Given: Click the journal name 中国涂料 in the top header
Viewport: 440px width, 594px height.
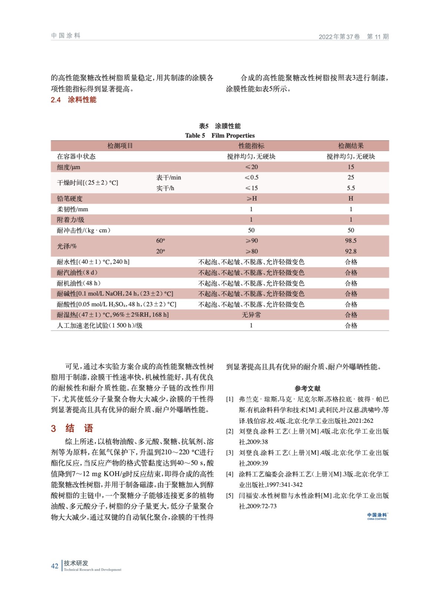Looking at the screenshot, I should tap(66, 36).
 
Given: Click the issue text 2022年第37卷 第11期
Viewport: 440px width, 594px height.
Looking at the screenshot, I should tap(353, 36).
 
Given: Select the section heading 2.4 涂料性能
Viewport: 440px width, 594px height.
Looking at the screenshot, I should tap(73, 99).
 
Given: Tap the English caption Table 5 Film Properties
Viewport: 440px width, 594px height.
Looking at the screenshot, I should tap(220, 136).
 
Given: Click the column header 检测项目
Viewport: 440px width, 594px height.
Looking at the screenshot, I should tap(120, 146).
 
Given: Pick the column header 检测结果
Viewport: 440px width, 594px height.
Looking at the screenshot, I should tap(351, 146).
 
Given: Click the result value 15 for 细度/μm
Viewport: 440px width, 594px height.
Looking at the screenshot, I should tap(351, 167).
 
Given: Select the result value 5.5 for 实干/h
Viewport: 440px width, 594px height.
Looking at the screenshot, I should tap(351, 188).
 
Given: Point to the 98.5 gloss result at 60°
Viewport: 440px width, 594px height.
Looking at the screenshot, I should tap(351, 241).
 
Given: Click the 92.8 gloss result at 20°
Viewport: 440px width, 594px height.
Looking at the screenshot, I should tap(351, 251).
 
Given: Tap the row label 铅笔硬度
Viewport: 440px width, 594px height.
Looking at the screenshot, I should tap(70, 199).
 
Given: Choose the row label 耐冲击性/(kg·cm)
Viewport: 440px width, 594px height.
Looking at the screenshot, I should tap(83, 230).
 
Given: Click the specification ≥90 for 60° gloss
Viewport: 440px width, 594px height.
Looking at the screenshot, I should tap(251, 241).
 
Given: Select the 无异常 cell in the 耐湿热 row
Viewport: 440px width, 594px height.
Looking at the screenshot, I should tap(251, 315).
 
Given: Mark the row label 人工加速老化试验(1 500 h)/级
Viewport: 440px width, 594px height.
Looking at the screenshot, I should tap(99, 326).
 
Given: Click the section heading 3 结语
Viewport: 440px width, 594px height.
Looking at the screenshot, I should tap(72, 428).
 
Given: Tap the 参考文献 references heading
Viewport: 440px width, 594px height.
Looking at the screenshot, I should tap(307, 388).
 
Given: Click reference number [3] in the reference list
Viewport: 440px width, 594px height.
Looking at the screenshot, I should tap(230, 453).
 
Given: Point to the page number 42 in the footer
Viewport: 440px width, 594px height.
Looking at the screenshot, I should tap(54, 566).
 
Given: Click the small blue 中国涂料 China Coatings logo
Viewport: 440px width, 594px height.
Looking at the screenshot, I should tap(377, 516).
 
